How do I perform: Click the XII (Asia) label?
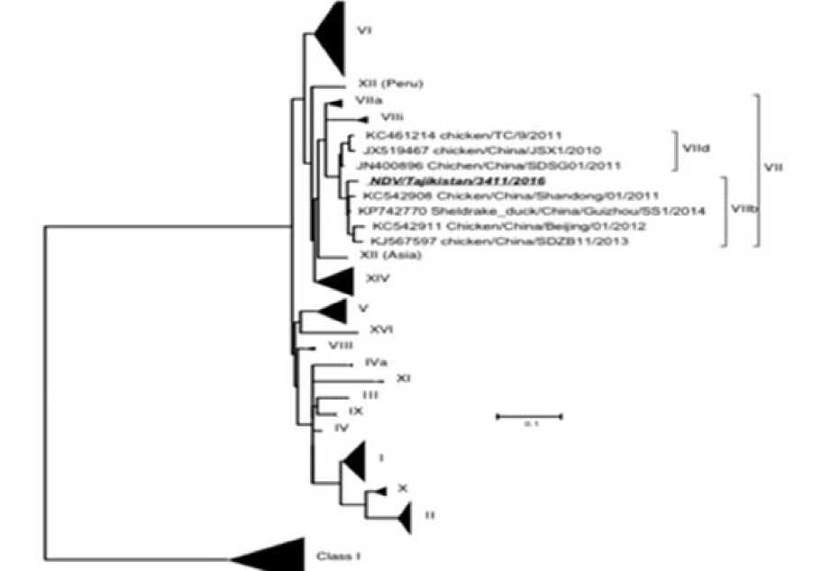pyautogui.click(x=379, y=256)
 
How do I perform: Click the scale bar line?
pyautogui.click(x=529, y=416)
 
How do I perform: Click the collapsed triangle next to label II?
pyautogui.click(x=404, y=516)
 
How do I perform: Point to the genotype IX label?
pyautogui.click(x=356, y=411)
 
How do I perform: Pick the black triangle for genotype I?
pyautogui.click(x=355, y=462)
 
